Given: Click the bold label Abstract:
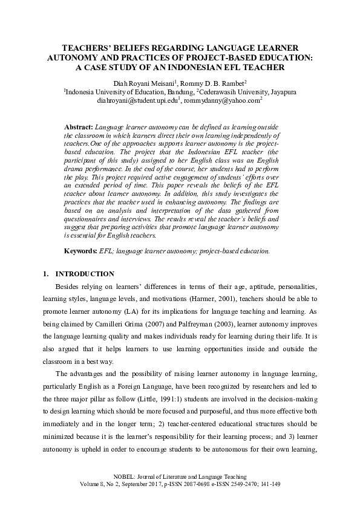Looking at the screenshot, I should click(x=79, y=128).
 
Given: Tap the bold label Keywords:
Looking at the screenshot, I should click(x=80, y=250).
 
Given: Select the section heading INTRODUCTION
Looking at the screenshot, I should click(x=84, y=274).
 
